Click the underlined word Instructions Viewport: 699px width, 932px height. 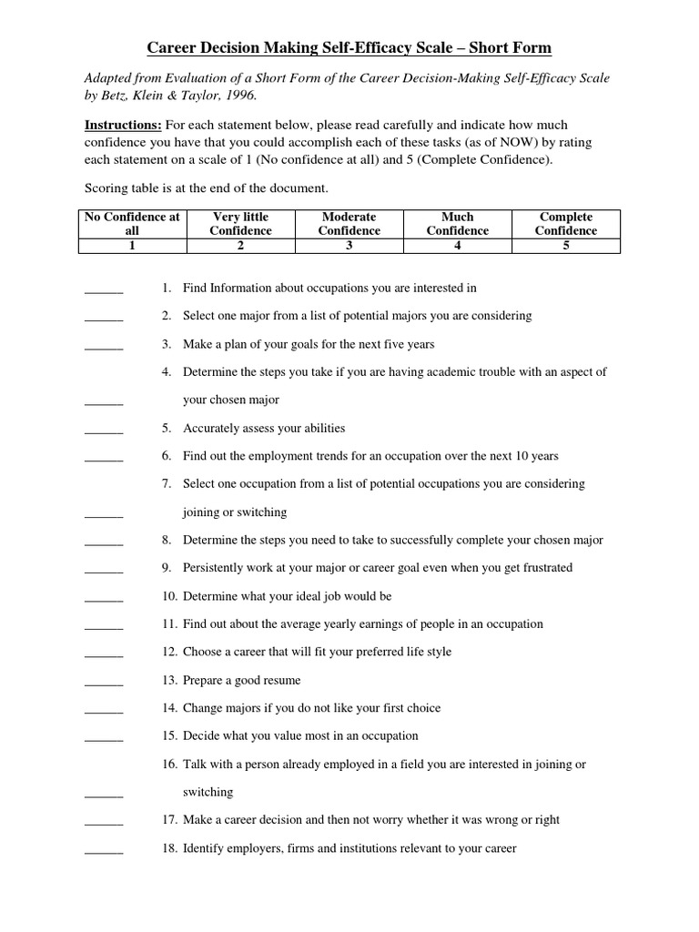pos(124,123)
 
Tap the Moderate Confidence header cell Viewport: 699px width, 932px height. pos(349,224)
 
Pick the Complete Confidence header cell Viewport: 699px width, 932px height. pos(566,224)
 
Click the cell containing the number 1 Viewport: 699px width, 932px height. pos(132,245)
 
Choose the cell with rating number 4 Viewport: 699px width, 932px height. pos(458,245)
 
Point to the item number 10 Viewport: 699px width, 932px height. pos(170,596)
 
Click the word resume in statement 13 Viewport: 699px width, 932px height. pos(281,681)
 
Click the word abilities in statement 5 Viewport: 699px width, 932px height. pos(323,429)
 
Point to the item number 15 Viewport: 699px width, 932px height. pos(170,736)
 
